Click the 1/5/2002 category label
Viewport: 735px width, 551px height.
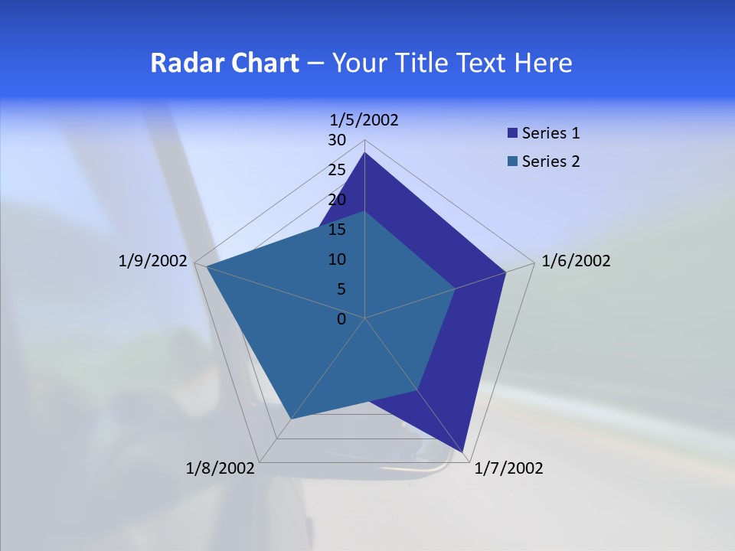coord(364,119)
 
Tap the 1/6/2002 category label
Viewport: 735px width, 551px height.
coord(576,261)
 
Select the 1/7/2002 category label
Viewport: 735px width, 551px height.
coord(508,468)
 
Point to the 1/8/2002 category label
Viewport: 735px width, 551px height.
coord(220,468)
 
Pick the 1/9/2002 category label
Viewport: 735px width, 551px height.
coord(153,261)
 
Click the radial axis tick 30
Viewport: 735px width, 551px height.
coord(337,140)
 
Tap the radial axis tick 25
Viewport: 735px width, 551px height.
coord(337,170)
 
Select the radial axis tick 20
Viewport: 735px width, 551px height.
coord(337,200)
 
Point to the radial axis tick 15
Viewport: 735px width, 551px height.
coord(337,230)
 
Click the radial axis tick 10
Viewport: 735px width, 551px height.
coord(337,259)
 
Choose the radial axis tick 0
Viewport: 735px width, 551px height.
coord(341,319)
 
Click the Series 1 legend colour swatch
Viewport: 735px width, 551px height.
coord(512,133)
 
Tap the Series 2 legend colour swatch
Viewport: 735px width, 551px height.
coord(512,161)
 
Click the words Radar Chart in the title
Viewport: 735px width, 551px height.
coord(224,63)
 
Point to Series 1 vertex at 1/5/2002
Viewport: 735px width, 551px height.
coord(364,153)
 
